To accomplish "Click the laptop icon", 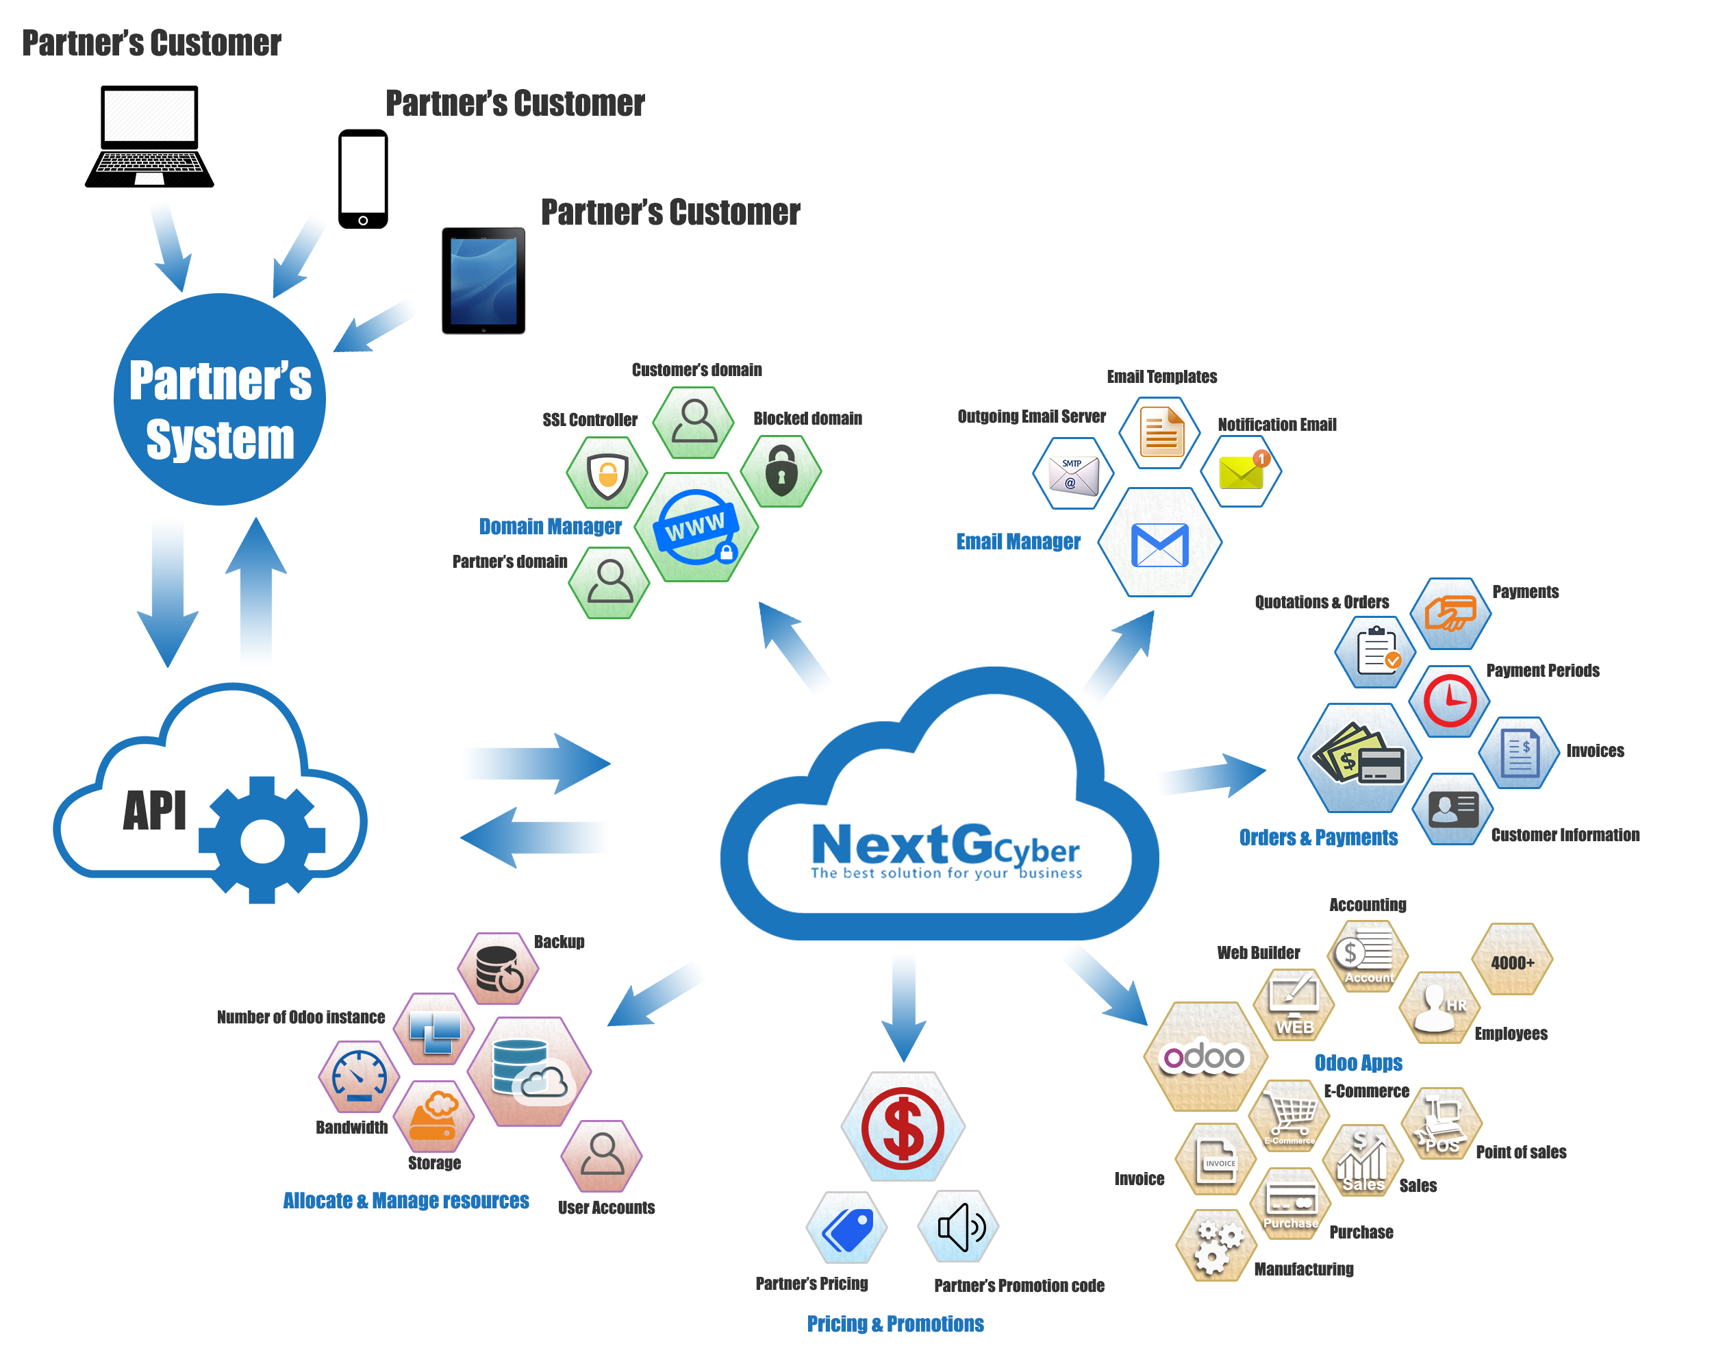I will [x=149, y=136].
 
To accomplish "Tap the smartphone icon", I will [x=363, y=179].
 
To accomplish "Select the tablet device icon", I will [x=483, y=280].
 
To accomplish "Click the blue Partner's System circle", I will [x=219, y=399].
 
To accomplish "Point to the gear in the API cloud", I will [x=262, y=840].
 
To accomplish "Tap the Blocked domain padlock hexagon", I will [x=781, y=471].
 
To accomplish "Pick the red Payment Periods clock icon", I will [x=1450, y=701].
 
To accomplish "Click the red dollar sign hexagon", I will [x=903, y=1127].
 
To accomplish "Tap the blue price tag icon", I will [x=847, y=1228].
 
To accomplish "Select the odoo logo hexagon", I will [x=1204, y=1057].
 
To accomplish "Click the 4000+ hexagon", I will [x=1513, y=961].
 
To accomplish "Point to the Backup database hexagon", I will [x=499, y=969].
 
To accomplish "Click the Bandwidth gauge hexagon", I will [x=359, y=1077].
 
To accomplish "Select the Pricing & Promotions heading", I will [x=895, y=1324].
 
